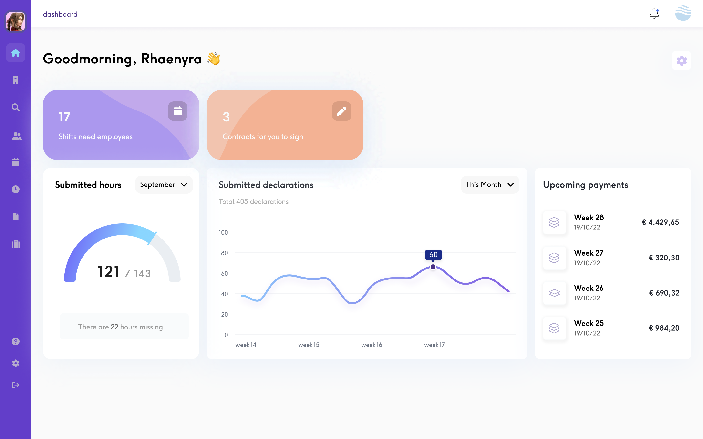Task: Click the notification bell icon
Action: [x=654, y=13]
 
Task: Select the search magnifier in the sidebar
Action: [x=16, y=107]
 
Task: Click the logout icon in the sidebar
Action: [x=16, y=385]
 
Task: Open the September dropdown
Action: [x=164, y=185]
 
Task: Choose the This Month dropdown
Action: [x=490, y=185]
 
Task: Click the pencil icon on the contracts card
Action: [x=342, y=111]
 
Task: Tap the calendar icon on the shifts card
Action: [x=177, y=111]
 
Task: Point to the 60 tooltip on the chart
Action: [x=433, y=255]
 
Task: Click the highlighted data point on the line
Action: [x=433, y=267]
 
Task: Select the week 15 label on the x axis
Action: [x=309, y=345]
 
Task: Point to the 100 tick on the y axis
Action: [x=223, y=233]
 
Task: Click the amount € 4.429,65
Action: [x=660, y=222]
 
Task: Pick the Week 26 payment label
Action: [x=589, y=288]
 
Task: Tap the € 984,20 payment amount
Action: [x=664, y=328]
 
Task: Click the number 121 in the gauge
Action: [x=109, y=272]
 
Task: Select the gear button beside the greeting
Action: [x=681, y=61]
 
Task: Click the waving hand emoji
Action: [x=214, y=59]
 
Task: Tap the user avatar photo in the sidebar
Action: [x=16, y=21]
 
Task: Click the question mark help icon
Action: [x=16, y=341]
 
